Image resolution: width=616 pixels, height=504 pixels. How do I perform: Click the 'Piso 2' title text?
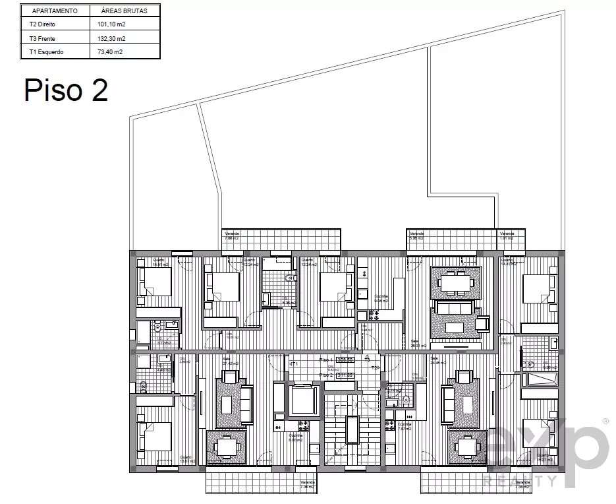[x=66, y=90]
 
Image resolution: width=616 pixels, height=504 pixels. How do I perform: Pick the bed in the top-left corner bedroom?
[x=155, y=282]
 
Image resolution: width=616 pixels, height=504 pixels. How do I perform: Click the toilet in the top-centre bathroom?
[x=288, y=279]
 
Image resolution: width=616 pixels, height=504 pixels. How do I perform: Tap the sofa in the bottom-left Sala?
[x=246, y=404]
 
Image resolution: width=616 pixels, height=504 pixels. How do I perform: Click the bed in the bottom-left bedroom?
[x=155, y=436]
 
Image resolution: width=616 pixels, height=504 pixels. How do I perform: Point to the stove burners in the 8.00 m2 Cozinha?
[x=304, y=425]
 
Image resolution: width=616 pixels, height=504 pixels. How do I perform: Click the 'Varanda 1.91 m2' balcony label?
[x=507, y=236]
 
